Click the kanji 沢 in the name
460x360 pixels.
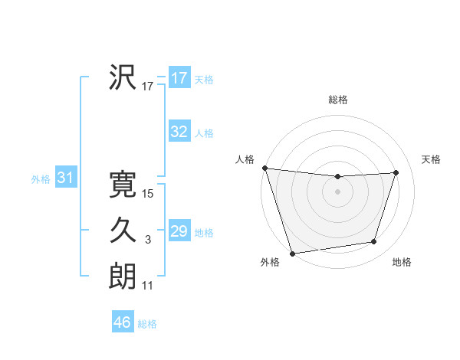123,77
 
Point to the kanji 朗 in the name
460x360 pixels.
123,276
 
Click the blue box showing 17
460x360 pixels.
179,78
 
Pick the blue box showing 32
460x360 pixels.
179,132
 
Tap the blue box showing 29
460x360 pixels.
179,231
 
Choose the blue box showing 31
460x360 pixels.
65,178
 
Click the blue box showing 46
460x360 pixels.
122,322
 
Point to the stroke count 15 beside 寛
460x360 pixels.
148,194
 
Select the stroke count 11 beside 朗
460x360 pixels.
148,286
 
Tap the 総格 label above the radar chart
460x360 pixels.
338,100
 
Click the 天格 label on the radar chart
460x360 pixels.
432,159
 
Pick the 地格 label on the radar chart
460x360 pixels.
402,262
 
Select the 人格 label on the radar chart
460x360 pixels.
245,159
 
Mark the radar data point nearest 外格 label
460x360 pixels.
292,253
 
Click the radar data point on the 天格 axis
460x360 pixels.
396,172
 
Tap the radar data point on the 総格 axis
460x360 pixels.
337,177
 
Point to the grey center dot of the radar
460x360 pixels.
337,191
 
